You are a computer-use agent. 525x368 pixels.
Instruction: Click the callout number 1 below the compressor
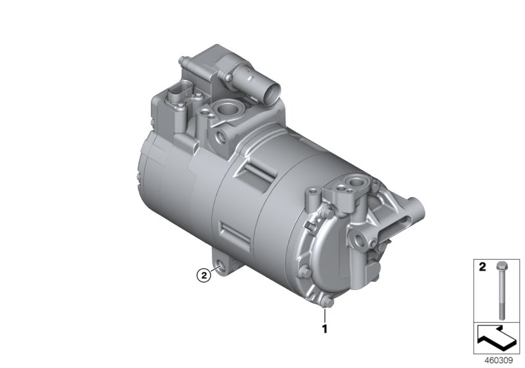324,325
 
